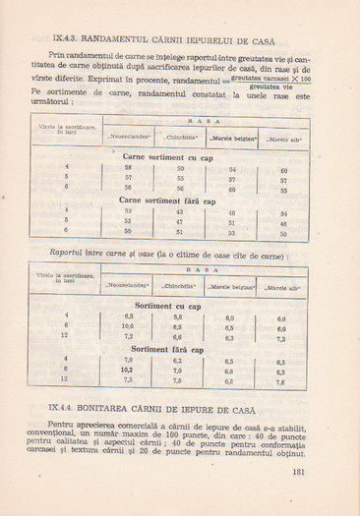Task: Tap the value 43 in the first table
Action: tap(180, 211)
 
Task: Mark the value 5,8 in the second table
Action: tap(178, 317)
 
